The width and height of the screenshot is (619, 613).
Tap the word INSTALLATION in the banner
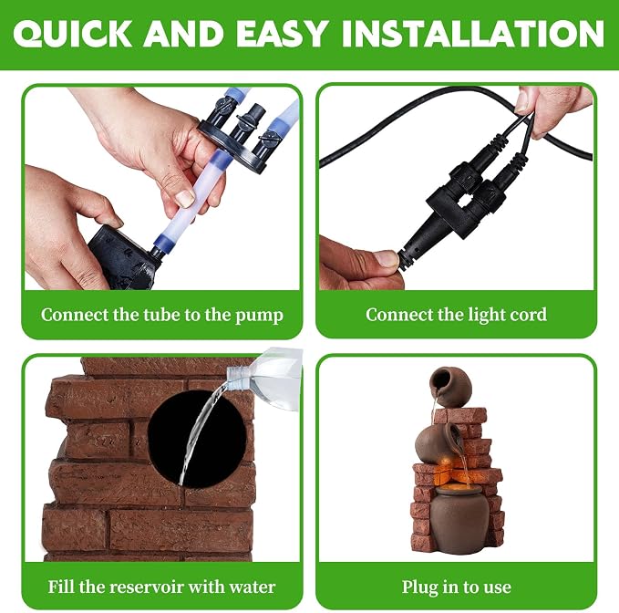coord(473,34)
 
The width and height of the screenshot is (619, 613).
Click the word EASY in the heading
coord(282,34)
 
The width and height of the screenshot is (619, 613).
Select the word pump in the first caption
coord(260,316)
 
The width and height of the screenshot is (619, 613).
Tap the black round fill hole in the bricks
coord(197,439)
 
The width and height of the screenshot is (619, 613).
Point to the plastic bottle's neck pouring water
coord(236,379)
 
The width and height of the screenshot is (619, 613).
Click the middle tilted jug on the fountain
coord(437,442)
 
